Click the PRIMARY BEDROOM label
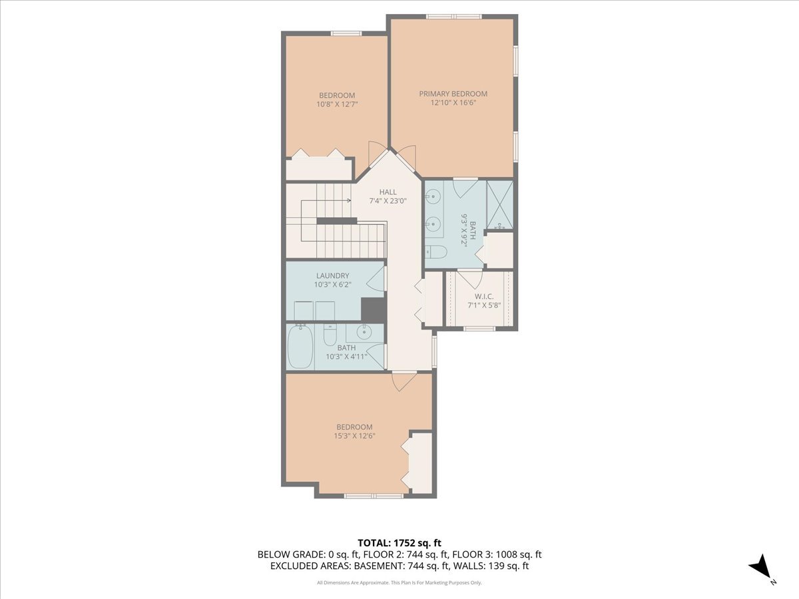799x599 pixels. coord(453,94)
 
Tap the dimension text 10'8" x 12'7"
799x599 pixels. coord(336,104)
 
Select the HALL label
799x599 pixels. coord(388,192)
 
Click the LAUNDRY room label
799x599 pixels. coord(332,276)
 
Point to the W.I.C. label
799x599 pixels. coord(483,296)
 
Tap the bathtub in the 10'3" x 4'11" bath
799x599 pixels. coord(300,347)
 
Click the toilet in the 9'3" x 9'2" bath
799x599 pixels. coord(436,252)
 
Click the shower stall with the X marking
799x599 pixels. coord(499,205)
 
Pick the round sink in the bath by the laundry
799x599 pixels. coord(364,331)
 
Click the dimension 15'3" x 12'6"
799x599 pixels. coord(354,437)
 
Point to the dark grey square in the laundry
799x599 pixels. coord(372,309)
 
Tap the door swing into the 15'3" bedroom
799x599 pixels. coord(403,381)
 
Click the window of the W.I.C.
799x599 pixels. coord(479,328)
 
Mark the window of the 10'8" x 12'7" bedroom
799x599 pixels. coord(346,33)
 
